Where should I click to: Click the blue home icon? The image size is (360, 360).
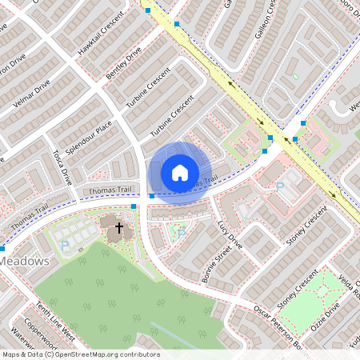pos(180,172)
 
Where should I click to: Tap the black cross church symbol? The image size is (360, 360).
pos(119,227)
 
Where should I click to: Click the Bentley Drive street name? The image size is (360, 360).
pos(123,63)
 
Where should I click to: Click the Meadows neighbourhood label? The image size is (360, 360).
pos(26,262)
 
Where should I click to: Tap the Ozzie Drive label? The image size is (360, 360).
pos(324,308)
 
